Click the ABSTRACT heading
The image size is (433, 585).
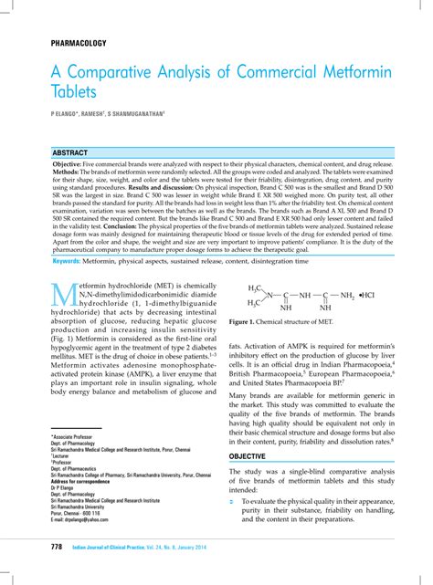pyautogui.click(x=70, y=152)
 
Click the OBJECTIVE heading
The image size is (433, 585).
pyautogui.click(x=248, y=455)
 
